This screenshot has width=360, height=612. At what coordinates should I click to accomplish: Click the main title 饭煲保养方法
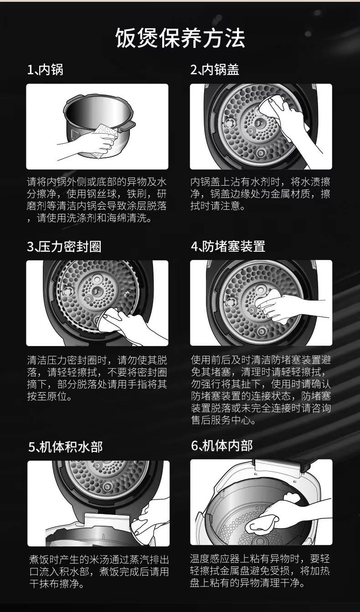(x=180, y=38)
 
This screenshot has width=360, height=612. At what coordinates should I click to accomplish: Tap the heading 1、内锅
(x=45, y=70)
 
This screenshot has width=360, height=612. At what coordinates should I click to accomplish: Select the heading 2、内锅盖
(x=215, y=70)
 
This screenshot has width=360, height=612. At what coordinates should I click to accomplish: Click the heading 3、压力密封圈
(x=64, y=246)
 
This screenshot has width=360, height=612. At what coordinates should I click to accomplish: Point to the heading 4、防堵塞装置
(x=228, y=246)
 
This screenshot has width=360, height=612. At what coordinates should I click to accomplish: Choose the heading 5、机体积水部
(x=66, y=447)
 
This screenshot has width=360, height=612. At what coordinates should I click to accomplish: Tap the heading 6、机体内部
(x=221, y=446)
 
